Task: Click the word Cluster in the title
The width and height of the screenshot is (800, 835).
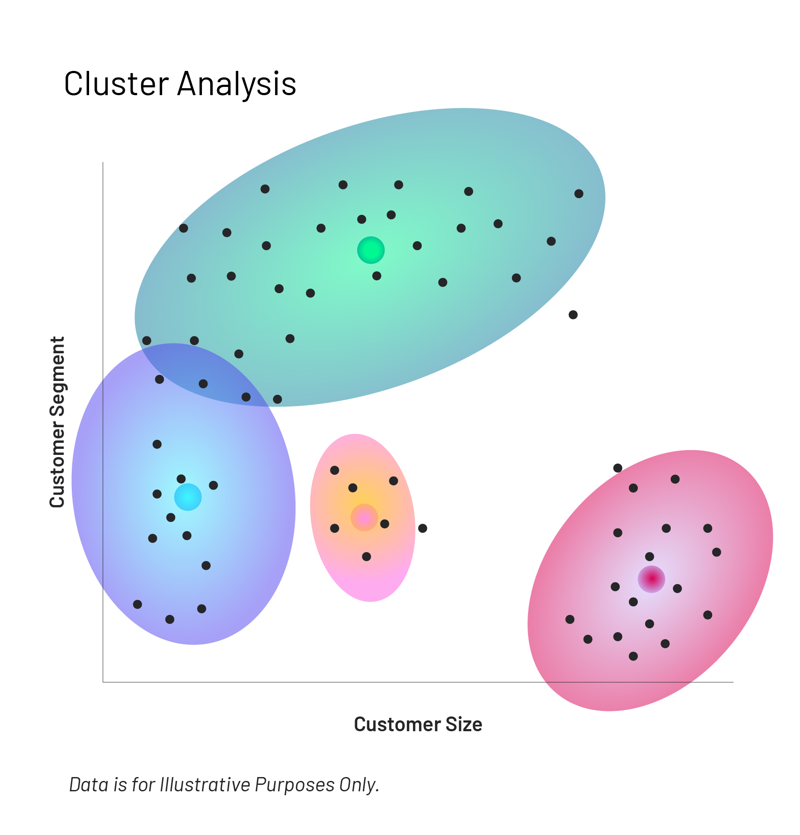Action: (x=116, y=83)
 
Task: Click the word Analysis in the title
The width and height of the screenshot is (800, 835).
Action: (x=237, y=84)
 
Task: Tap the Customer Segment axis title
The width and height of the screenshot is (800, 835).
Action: (x=57, y=422)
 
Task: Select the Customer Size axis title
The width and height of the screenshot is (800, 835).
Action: (x=418, y=724)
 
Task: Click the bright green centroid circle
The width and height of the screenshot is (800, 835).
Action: (x=371, y=250)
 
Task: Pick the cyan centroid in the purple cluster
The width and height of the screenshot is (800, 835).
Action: (x=188, y=497)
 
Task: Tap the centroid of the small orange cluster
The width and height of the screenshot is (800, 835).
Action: (x=364, y=517)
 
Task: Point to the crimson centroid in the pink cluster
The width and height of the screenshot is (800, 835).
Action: (x=651, y=579)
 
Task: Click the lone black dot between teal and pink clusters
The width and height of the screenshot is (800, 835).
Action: (x=573, y=315)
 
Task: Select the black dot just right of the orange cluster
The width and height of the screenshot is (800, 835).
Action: (x=422, y=528)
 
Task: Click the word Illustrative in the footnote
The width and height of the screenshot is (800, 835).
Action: (x=205, y=785)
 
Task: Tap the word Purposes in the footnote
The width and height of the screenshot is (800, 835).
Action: (x=294, y=785)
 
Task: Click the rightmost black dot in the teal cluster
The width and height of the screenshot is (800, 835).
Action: (x=579, y=194)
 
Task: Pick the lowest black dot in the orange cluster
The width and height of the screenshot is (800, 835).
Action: (x=366, y=557)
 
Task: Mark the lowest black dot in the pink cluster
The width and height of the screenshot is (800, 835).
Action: (x=633, y=656)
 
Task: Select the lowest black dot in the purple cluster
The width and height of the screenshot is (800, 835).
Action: (x=170, y=619)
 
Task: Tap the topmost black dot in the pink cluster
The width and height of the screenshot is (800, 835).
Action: (x=618, y=468)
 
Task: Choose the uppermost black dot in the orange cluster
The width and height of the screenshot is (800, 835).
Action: (x=334, y=470)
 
